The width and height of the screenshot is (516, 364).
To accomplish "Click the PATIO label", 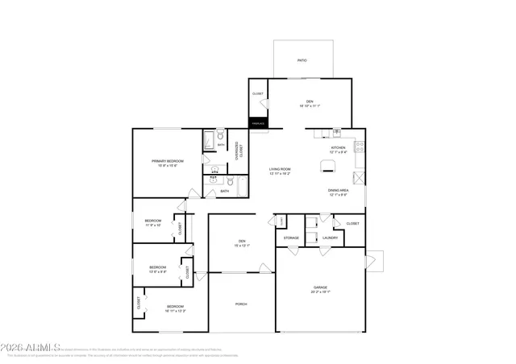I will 302,60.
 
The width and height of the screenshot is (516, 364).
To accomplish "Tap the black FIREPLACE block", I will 258,123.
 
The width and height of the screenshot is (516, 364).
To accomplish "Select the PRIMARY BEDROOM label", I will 169,161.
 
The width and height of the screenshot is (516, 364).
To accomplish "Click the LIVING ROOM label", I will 280,169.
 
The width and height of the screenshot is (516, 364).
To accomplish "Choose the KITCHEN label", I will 338,148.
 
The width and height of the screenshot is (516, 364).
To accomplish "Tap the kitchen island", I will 327,166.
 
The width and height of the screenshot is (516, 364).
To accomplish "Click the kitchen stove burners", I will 360,147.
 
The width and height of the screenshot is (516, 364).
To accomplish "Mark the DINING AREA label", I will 338,191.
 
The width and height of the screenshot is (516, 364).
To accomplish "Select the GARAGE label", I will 320,287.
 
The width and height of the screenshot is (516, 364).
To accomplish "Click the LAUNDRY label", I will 329,238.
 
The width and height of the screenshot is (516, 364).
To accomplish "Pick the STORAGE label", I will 291,238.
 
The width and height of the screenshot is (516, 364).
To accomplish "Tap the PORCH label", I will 241,304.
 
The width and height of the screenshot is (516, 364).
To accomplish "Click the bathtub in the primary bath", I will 208,142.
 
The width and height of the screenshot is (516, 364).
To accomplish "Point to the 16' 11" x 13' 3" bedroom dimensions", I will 176,310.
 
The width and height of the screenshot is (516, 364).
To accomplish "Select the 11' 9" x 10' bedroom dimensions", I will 153,225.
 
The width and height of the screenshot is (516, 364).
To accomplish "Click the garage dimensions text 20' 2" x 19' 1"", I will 320,292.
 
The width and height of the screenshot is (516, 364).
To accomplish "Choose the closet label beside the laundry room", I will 352,223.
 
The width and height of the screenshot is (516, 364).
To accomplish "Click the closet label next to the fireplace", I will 258,93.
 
